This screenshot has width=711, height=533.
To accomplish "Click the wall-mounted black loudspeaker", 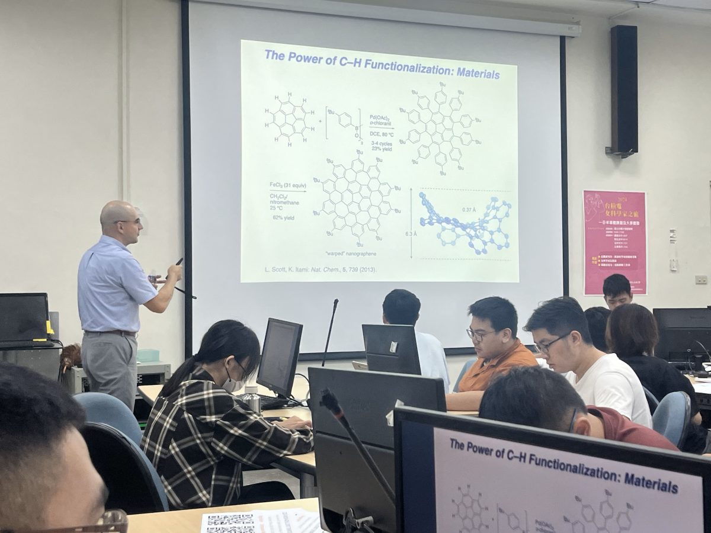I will (624, 90).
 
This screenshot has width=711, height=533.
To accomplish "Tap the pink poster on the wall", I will (614, 242).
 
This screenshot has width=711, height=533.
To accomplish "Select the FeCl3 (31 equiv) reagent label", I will (288, 185).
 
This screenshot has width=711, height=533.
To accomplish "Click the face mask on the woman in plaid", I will (232, 385).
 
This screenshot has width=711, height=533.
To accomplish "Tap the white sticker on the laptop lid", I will (393, 346).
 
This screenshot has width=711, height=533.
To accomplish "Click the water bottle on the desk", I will (253, 399).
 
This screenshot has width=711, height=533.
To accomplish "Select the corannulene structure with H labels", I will (289, 118).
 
